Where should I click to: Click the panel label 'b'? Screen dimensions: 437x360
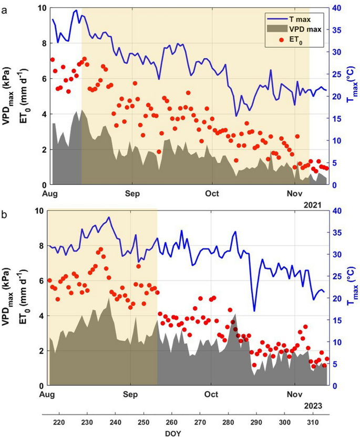tap(5, 215)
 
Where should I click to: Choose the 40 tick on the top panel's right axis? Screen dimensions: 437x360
tap(339, 8)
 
